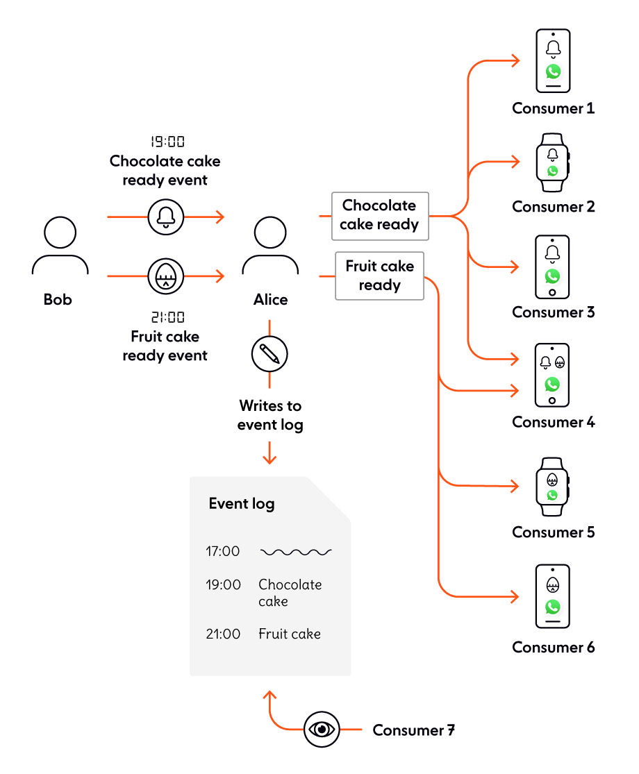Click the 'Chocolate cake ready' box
click(x=379, y=215)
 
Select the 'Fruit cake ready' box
click(x=379, y=276)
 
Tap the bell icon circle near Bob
click(x=166, y=217)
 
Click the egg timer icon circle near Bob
click(x=166, y=276)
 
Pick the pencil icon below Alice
click(x=269, y=355)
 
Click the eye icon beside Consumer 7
click(x=322, y=730)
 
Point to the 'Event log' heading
click(x=241, y=504)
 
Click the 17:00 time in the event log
click(x=222, y=552)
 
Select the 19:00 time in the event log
click(x=223, y=585)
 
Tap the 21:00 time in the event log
click(x=223, y=634)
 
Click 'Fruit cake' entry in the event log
click(x=290, y=634)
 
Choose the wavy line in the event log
click(x=296, y=553)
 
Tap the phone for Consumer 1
click(x=553, y=60)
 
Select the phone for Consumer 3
click(x=553, y=267)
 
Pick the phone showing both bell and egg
click(x=553, y=375)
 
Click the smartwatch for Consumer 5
click(x=553, y=487)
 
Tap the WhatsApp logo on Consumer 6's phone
click(x=553, y=607)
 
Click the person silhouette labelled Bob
click(x=60, y=250)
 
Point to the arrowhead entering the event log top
click(x=269, y=459)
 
